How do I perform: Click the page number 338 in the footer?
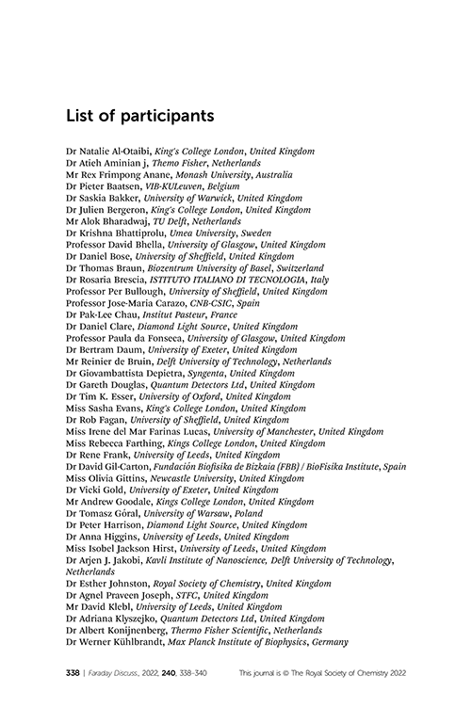(73, 674)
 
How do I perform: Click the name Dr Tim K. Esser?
(102, 398)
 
